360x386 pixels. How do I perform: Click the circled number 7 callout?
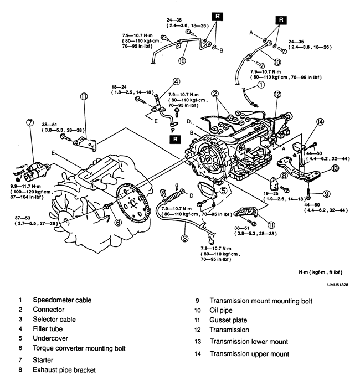pos(30,122)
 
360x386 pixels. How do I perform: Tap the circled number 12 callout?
pos(277,94)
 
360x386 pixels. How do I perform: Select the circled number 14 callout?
pos(320,122)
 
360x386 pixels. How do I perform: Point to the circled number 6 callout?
pos(119,222)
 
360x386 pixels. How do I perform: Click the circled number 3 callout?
pos(184,238)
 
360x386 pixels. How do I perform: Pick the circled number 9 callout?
pos(326,194)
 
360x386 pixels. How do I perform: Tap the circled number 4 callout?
pos(176,81)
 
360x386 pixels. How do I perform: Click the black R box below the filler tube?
pos(175,140)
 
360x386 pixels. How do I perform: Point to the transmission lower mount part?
pos(299,169)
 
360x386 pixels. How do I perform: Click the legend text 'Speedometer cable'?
pos(62,300)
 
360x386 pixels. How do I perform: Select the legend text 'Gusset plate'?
pos(228,320)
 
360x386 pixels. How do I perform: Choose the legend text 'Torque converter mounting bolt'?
pos(79,348)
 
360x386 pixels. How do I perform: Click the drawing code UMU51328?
pos(338,285)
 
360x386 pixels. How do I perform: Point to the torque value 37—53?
pos(22,218)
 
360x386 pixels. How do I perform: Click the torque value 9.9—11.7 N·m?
pos(25,187)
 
